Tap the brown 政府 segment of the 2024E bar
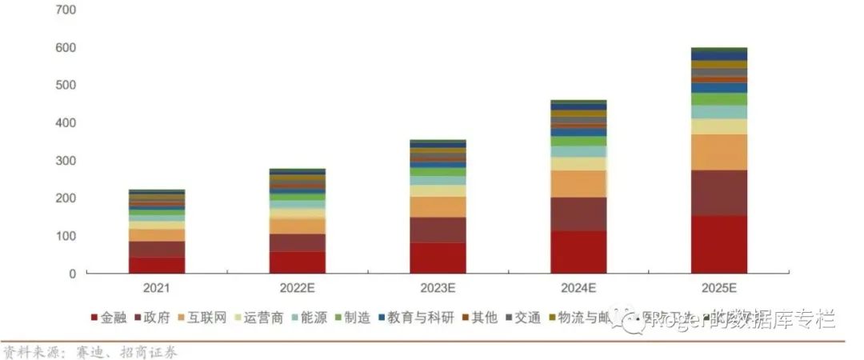578,214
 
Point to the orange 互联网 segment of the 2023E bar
438,206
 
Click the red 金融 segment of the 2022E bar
297,262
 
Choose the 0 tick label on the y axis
72,274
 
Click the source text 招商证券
150,352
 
